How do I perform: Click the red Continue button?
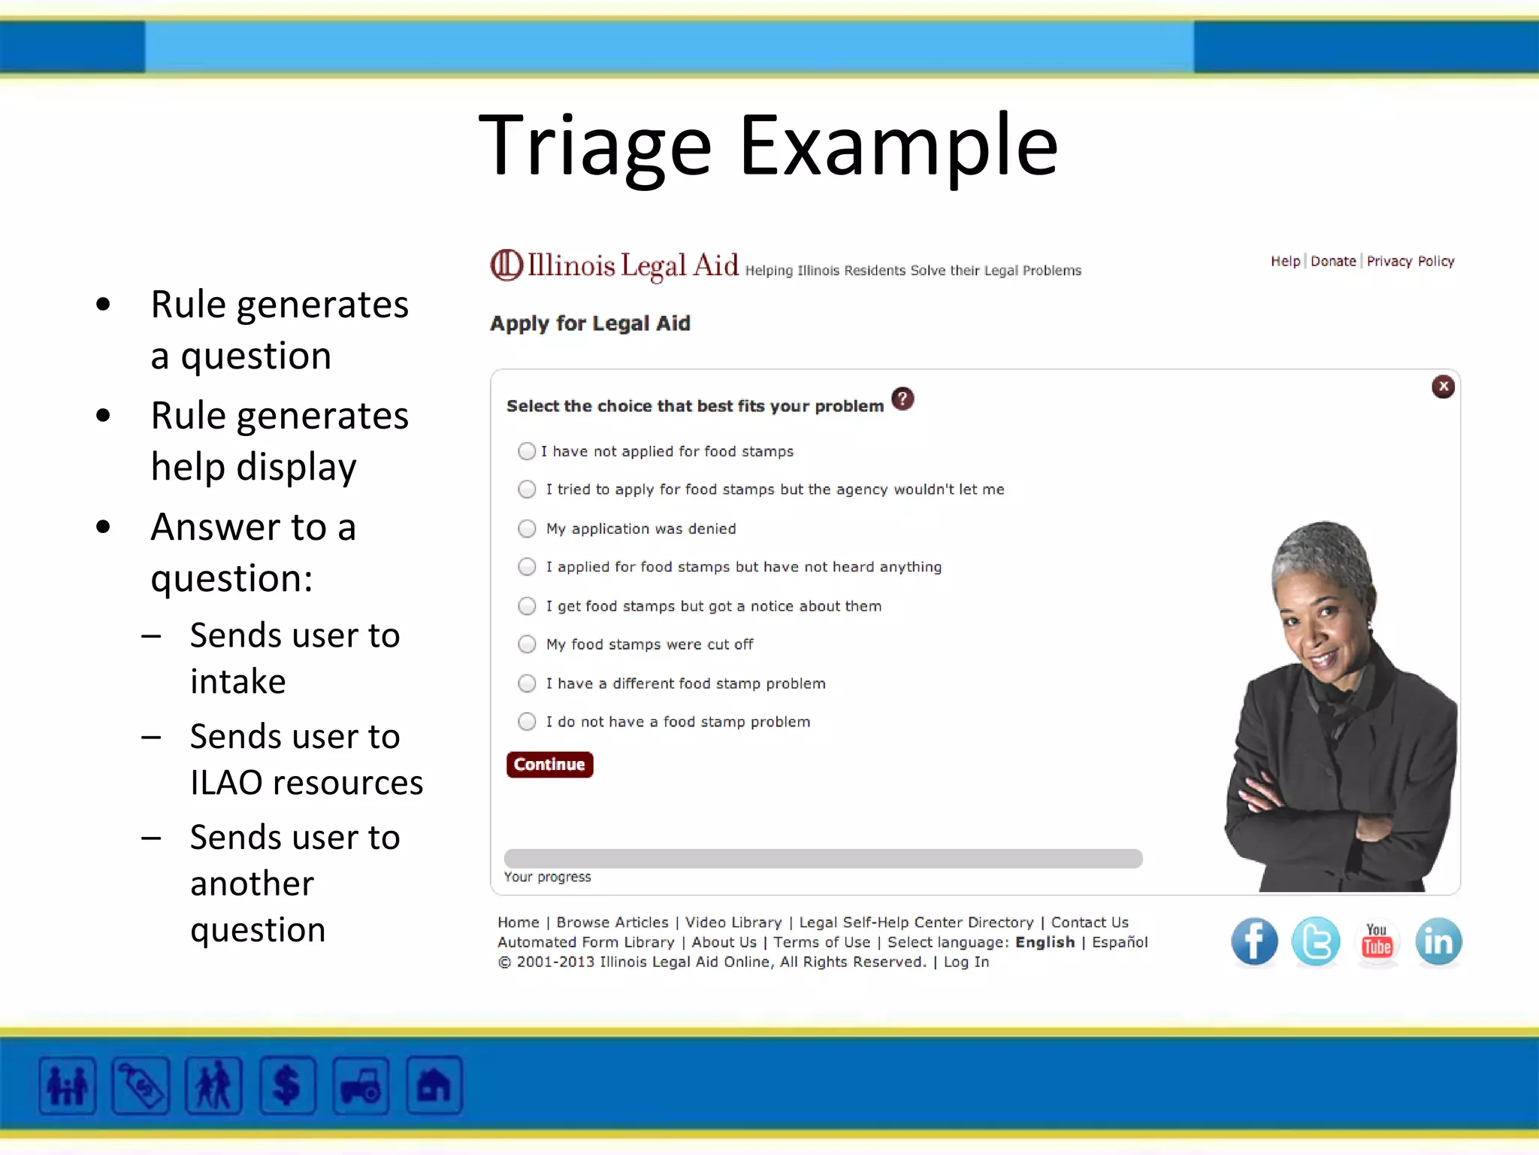[x=549, y=764]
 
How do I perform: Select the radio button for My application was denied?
[x=527, y=529]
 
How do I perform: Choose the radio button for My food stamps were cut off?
[x=527, y=644]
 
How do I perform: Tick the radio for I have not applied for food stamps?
[x=527, y=451]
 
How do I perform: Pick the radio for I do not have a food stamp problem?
[x=527, y=722]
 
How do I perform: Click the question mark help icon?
[x=903, y=399]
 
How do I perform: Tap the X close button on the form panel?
[x=1443, y=387]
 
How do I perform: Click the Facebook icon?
[x=1254, y=941]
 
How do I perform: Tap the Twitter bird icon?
[x=1316, y=941]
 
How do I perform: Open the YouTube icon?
[x=1377, y=941]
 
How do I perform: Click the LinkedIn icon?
[x=1438, y=941]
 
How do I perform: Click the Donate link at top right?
[x=1333, y=261]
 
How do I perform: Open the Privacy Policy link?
[x=1410, y=261]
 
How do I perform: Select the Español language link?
[x=1120, y=942]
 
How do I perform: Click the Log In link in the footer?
[x=966, y=962]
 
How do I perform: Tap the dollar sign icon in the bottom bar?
[x=287, y=1086]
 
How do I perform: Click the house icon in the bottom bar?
[x=434, y=1086]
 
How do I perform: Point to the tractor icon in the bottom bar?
[x=361, y=1086]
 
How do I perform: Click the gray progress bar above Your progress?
[x=823, y=859]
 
